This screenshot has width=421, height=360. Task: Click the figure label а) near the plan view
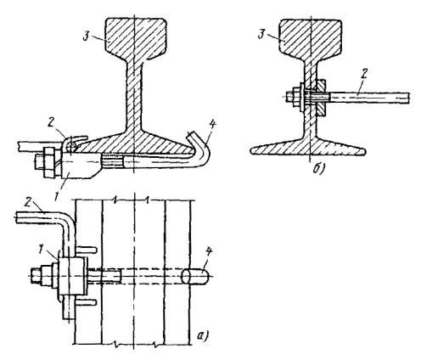click(203, 335)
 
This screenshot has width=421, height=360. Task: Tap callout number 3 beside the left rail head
click(87, 36)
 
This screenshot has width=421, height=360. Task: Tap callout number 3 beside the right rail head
click(261, 34)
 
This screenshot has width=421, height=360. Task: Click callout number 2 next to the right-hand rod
click(364, 75)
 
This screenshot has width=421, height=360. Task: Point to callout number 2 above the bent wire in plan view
click(27, 202)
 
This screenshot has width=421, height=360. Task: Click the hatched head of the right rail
click(311, 37)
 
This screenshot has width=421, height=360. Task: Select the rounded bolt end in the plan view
click(195, 276)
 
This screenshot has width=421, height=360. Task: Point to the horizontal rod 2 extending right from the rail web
click(368, 98)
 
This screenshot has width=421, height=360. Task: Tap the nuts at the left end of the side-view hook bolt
click(48, 163)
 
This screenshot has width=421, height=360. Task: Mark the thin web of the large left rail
click(132, 93)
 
